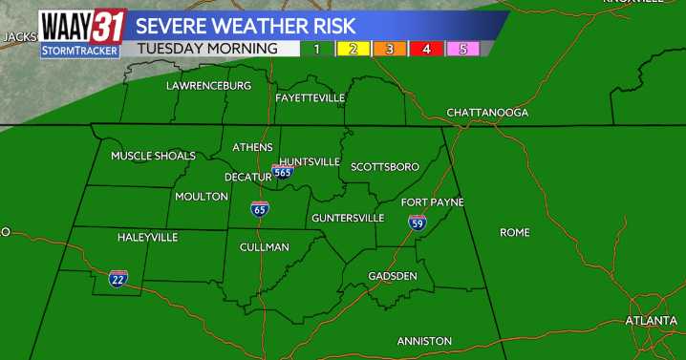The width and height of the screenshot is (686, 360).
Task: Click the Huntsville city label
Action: click(x=310, y=161)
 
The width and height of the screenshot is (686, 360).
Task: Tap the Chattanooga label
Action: click(x=487, y=113)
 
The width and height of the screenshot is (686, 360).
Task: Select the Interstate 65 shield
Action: click(x=259, y=209)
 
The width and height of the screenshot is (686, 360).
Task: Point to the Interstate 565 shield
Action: click(x=282, y=172)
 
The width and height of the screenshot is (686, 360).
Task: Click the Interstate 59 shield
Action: click(x=418, y=222)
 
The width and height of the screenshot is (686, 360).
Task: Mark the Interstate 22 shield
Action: click(x=118, y=279)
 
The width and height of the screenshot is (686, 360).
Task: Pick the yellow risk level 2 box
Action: click(x=353, y=48)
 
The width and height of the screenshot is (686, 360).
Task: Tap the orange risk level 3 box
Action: click(x=390, y=48)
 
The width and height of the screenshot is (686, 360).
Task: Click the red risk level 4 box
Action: click(x=426, y=48)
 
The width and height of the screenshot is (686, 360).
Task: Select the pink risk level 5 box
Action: click(x=463, y=48)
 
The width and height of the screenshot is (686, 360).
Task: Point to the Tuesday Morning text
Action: click(x=207, y=48)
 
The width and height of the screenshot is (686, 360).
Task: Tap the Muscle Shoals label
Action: click(x=153, y=156)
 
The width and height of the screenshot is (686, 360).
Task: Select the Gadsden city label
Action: click(x=393, y=276)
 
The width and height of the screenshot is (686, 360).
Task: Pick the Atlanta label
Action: click(x=651, y=321)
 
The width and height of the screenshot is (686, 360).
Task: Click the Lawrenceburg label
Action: click(x=208, y=86)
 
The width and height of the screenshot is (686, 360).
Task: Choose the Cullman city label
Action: click(x=265, y=247)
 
